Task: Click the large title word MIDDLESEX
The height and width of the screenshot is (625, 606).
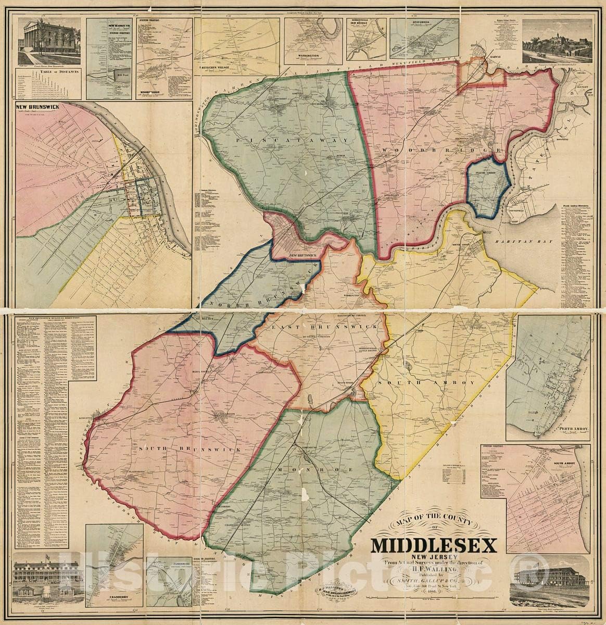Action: click(x=433, y=544)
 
